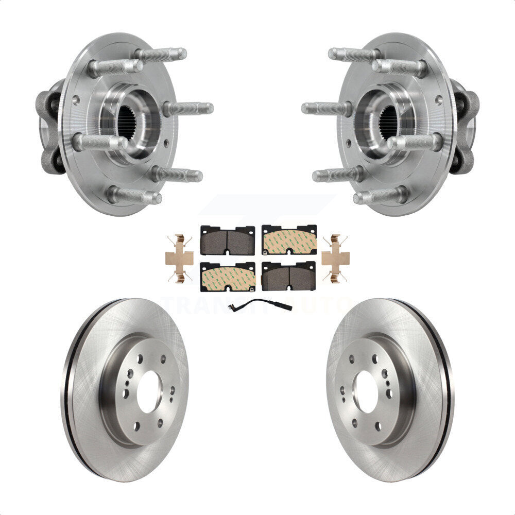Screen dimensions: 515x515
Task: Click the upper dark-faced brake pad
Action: pyautogui.click(x=227, y=241)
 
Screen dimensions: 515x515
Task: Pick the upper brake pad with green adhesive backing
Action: pyautogui.click(x=289, y=241)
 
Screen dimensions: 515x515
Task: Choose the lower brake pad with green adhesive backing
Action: pyautogui.click(x=227, y=277)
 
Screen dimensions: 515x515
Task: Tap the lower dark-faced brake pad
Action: pyautogui.click(x=289, y=277)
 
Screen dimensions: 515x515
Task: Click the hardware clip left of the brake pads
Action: pyautogui.click(x=179, y=259)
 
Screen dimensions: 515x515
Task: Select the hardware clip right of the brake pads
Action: pyautogui.click(x=335, y=259)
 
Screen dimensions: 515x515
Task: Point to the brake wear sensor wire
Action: pyautogui.click(x=260, y=306)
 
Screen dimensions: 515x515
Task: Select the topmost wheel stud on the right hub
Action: pyautogui.click(x=354, y=54)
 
